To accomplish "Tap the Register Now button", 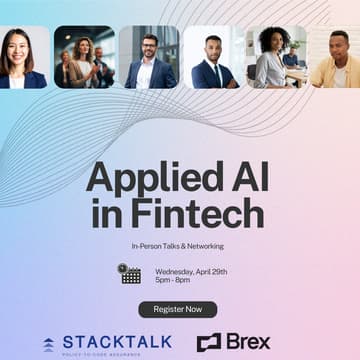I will pyautogui.click(x=177, y=309).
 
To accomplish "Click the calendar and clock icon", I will pyautogui.click(x=128, y=273).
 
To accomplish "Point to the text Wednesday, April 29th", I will pyautogui.click(x=197, y=268).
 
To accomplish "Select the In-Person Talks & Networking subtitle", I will pyautogui.click(x=177, y=245).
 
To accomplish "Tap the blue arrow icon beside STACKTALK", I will pyautogui.click(x=49, y=343).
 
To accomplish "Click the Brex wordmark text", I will pyautogui.click(x=247, y=341).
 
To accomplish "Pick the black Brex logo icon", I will pyautogui.click(x=208, y=342).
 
